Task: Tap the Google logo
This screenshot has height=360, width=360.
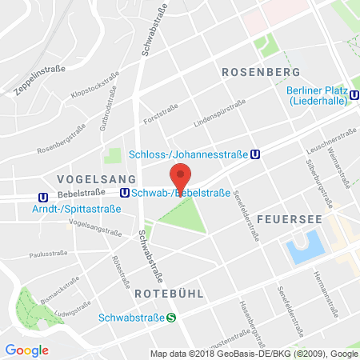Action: tap(27, 350)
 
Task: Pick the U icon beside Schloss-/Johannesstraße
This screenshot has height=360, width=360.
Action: tap(254, 155)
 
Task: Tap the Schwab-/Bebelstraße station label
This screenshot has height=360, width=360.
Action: tap(182, 193)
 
